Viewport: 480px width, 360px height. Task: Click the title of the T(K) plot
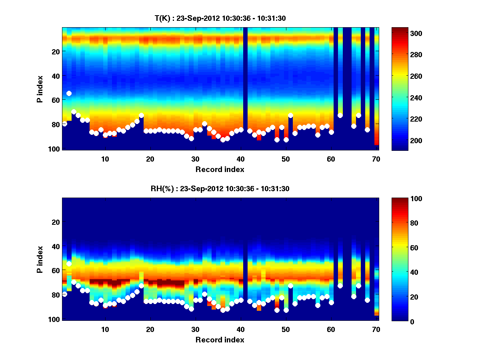pyautogui.click(x=220, y=18)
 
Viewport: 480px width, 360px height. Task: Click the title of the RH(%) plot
pyautogui.click(x=220, y=189)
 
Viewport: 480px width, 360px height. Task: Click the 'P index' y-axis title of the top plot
pyautogui.click(x=40, y=89)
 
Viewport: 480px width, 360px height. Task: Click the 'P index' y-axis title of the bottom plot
pyautogui.click(x=40, y=259)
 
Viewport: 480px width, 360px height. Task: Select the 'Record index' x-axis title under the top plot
pyautogui.click(x=220, y=169)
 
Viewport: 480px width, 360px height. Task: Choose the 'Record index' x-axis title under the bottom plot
pyautogui.click(x=220, y=340)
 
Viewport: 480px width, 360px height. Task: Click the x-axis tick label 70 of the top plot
pyautogui.click(x=376, y=159)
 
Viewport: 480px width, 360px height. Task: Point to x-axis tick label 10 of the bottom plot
pyautogui.click(x=105, y=329)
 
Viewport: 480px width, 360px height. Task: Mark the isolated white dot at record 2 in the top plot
pyautogui.click(x=69, y=93)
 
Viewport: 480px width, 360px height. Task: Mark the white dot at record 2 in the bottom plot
pyautogui.click(x=69, y=264)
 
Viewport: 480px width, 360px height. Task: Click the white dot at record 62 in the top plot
pyautogui.click(x=340, y=115)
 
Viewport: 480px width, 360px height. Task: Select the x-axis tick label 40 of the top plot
pyautogui.click(x=240, y=159)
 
